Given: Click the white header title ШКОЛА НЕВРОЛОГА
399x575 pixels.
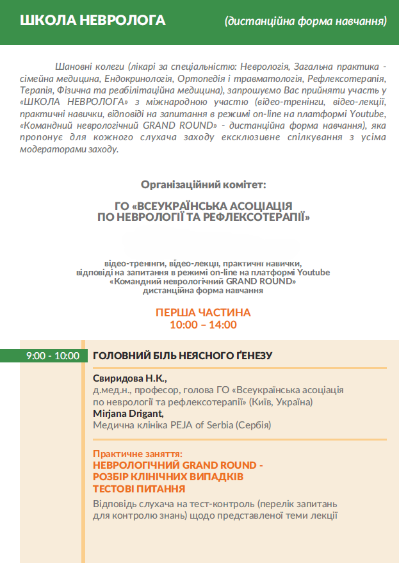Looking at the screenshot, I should click(x=93, y=20).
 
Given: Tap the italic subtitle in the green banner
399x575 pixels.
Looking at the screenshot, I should click(x=305, y=22).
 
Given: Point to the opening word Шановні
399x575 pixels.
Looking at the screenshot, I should click(x=74, y=66).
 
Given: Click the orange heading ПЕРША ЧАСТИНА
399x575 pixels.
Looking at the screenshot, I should click(x=203, y=312).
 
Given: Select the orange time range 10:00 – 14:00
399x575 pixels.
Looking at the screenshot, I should click(x=203, y=325).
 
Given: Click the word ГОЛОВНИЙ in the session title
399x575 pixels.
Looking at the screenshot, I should click(x=121, y=356).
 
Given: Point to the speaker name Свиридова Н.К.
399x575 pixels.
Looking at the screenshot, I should click(x=129, y=378).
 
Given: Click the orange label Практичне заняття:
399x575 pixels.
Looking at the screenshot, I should click(x=138, y=453).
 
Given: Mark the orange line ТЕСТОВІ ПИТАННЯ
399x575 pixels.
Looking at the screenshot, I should click(x=139, y=489).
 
